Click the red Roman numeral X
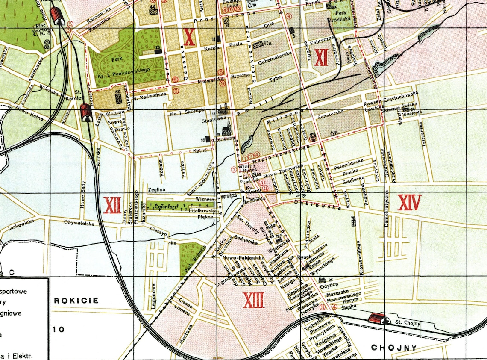coord(189,37)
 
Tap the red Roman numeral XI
coord(321,57)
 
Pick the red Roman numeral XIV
coord(409,202)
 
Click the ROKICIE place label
coord(76,300)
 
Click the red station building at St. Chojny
coord(376,318)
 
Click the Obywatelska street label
coord(79,222)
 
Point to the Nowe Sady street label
coord(83,195)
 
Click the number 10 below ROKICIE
coord(59,329)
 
